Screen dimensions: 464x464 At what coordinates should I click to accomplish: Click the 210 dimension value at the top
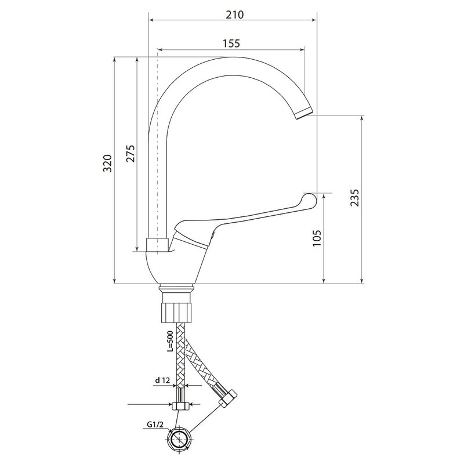pyautogui.click(x=235, y=14)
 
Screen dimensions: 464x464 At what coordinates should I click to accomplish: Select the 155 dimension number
pyautogui.click(x=231, y=43)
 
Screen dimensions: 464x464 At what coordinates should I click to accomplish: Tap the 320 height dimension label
pyautogui.click(x=107, y=163)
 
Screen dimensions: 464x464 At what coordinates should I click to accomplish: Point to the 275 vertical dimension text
pyautogui.click(x=130, y=153)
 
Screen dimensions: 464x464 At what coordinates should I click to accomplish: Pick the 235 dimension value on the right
pyautogui.click(x=354, y=198)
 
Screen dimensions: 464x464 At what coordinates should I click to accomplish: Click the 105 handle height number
pyautogui.click(x=317, y=238)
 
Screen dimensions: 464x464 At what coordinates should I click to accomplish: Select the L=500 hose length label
pyautogui.click(x=170, y=341)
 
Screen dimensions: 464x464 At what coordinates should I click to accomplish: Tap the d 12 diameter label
pyautogui.click(x=162, y=380)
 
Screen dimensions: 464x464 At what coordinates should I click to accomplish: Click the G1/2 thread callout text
pyautogui.click(x=155, y=425)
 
